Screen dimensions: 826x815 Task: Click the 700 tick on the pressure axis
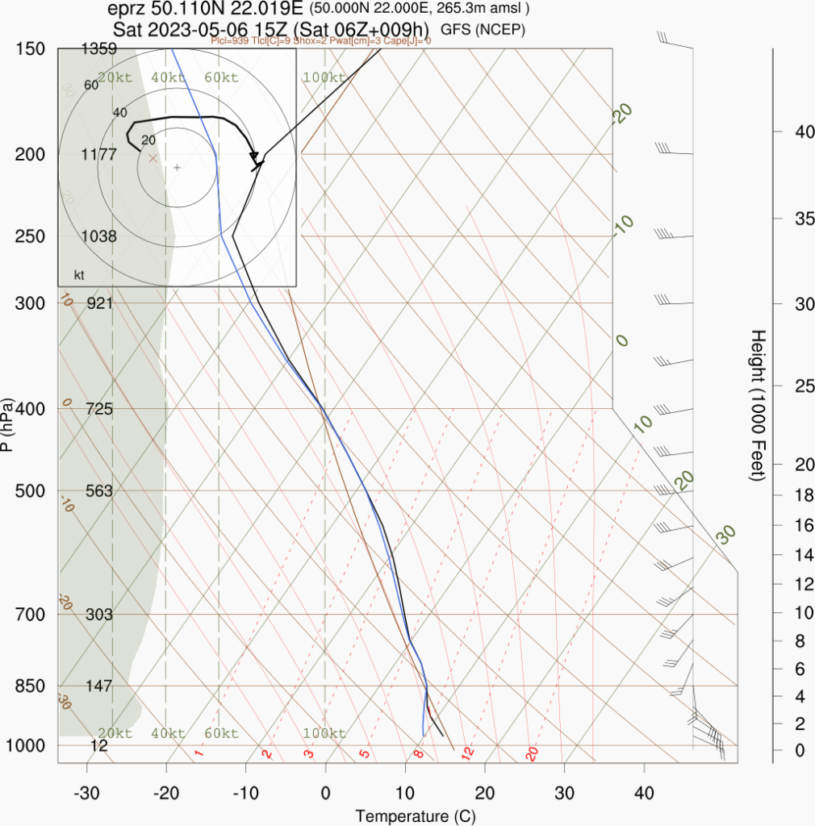pos(31,615)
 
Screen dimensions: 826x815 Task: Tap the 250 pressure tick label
pos(31,236)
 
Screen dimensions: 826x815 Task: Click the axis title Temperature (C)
pos(416,816)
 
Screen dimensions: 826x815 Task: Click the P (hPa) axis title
pos(8,424)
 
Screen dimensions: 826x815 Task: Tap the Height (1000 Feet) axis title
pos(758,405)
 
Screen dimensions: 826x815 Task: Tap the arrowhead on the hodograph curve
pos(254,156)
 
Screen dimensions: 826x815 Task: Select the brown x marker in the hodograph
pos(153,159)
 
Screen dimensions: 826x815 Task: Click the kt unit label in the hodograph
pos(79,275)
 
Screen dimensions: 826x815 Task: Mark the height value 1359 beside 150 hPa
pos(99,49)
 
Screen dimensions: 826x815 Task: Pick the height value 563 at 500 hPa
pos(99,491)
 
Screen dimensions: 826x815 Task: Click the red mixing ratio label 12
pos(466,753)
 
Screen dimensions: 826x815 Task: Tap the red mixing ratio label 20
pos(532,753)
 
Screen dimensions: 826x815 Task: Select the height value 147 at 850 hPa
pos(99,686)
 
